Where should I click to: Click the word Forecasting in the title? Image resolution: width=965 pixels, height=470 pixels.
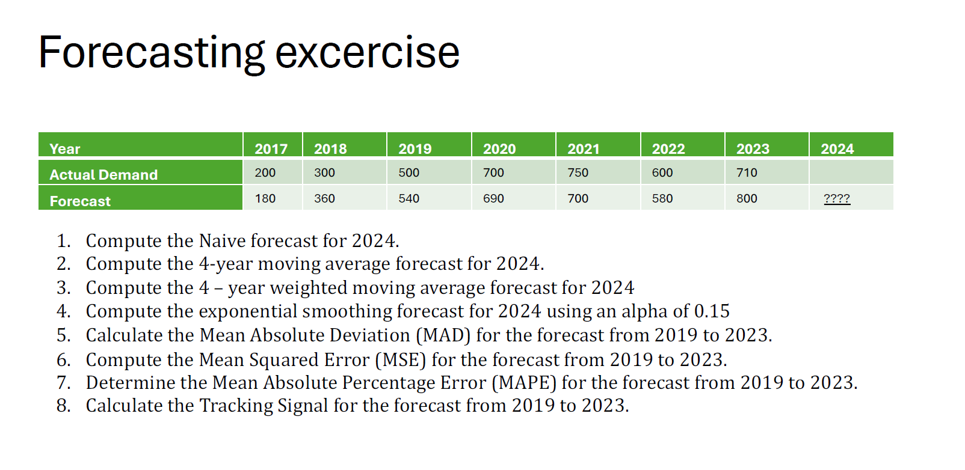click(152, 53)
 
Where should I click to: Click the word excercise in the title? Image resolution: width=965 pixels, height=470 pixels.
click(367, 53)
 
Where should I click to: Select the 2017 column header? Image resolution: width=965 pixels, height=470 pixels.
click(271, 148)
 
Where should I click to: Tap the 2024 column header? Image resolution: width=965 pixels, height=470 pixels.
click(837, 148)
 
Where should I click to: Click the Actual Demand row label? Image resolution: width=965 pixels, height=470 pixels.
click(103, 174)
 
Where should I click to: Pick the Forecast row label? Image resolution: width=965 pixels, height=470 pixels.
click(80, 201)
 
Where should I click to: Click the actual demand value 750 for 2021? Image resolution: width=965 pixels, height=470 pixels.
click(578, 172)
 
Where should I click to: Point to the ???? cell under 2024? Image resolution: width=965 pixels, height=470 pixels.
click(836, 198)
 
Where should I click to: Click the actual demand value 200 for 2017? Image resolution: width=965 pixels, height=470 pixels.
click(265, 172)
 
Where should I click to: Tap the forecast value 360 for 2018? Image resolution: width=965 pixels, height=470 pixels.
click(324, 198)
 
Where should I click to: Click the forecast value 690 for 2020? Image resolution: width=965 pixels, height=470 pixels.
click(493, 198)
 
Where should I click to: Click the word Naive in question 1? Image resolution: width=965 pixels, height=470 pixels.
click(222, 240)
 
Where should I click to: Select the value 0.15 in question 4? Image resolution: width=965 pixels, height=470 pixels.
click(711, 311)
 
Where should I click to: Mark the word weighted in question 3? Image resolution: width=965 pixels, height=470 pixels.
click(308, 288)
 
